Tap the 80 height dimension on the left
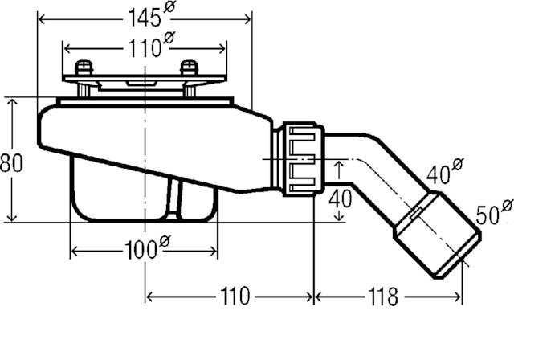(11, 162)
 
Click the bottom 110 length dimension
(232, 297)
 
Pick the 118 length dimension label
(385, 297)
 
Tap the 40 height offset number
(341, 198)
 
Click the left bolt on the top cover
(83, 69)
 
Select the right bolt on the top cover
(190, 69)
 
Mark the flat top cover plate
(145, 81)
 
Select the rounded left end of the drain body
(50, 133)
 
